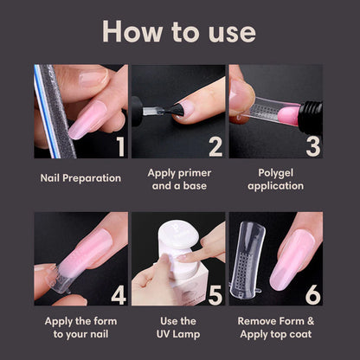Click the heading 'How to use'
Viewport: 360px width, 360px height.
click(x=179, y=31)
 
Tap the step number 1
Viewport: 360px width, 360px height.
click(x=118, y=144)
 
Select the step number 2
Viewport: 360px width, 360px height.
click(x=215, y=144)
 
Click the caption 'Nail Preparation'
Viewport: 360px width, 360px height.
click(x=81, y=179)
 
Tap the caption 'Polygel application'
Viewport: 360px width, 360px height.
click(x=275, y=179)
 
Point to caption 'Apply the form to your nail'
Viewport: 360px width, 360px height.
click(x=81, y=327)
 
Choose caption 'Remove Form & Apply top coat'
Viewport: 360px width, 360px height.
click(x=275, y=327)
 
